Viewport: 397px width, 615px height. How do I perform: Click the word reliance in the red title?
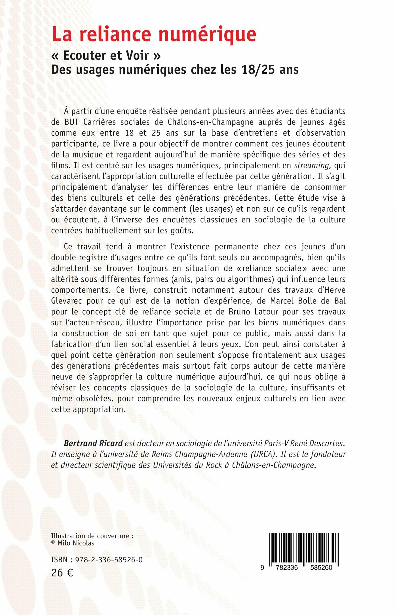click(115, 35)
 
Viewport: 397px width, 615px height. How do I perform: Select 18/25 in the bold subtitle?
click(258, 70)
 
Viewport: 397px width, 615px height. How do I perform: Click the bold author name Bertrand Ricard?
click(93, 443)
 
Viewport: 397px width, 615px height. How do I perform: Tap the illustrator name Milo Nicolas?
click(76, 543)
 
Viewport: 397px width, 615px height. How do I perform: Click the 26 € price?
click(62, 573)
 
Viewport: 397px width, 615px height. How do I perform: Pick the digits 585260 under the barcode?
click(321, 567)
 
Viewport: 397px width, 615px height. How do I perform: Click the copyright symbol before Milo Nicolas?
click(53, 542)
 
